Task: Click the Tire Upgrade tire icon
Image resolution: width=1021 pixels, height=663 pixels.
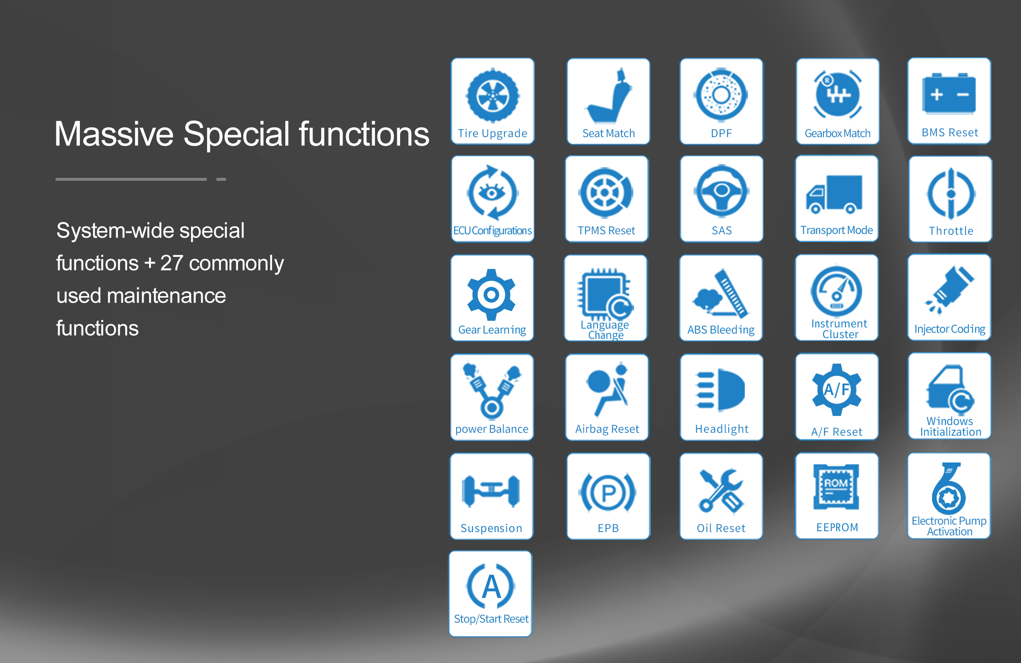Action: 493,95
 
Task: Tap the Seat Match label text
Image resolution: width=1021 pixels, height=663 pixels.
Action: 608,133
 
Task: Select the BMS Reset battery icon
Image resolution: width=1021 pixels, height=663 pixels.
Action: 949,93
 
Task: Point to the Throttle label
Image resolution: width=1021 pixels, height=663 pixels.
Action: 951,231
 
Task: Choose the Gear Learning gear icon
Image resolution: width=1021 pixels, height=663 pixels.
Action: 491,295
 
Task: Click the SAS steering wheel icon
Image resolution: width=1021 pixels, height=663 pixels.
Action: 722,191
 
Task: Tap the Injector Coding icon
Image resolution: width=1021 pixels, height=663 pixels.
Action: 949,289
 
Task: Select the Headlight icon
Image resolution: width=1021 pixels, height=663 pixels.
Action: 720,389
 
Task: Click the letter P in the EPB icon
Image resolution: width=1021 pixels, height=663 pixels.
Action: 608,493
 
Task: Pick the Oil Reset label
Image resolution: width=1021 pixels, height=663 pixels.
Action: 721,528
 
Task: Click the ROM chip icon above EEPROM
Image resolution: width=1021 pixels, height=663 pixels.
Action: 836,487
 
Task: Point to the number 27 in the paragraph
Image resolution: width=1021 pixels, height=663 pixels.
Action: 172,263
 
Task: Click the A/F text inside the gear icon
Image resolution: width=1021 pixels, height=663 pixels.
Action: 837,390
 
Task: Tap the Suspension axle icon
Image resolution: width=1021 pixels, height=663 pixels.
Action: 491,491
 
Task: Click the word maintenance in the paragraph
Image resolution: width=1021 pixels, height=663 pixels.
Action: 166,296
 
